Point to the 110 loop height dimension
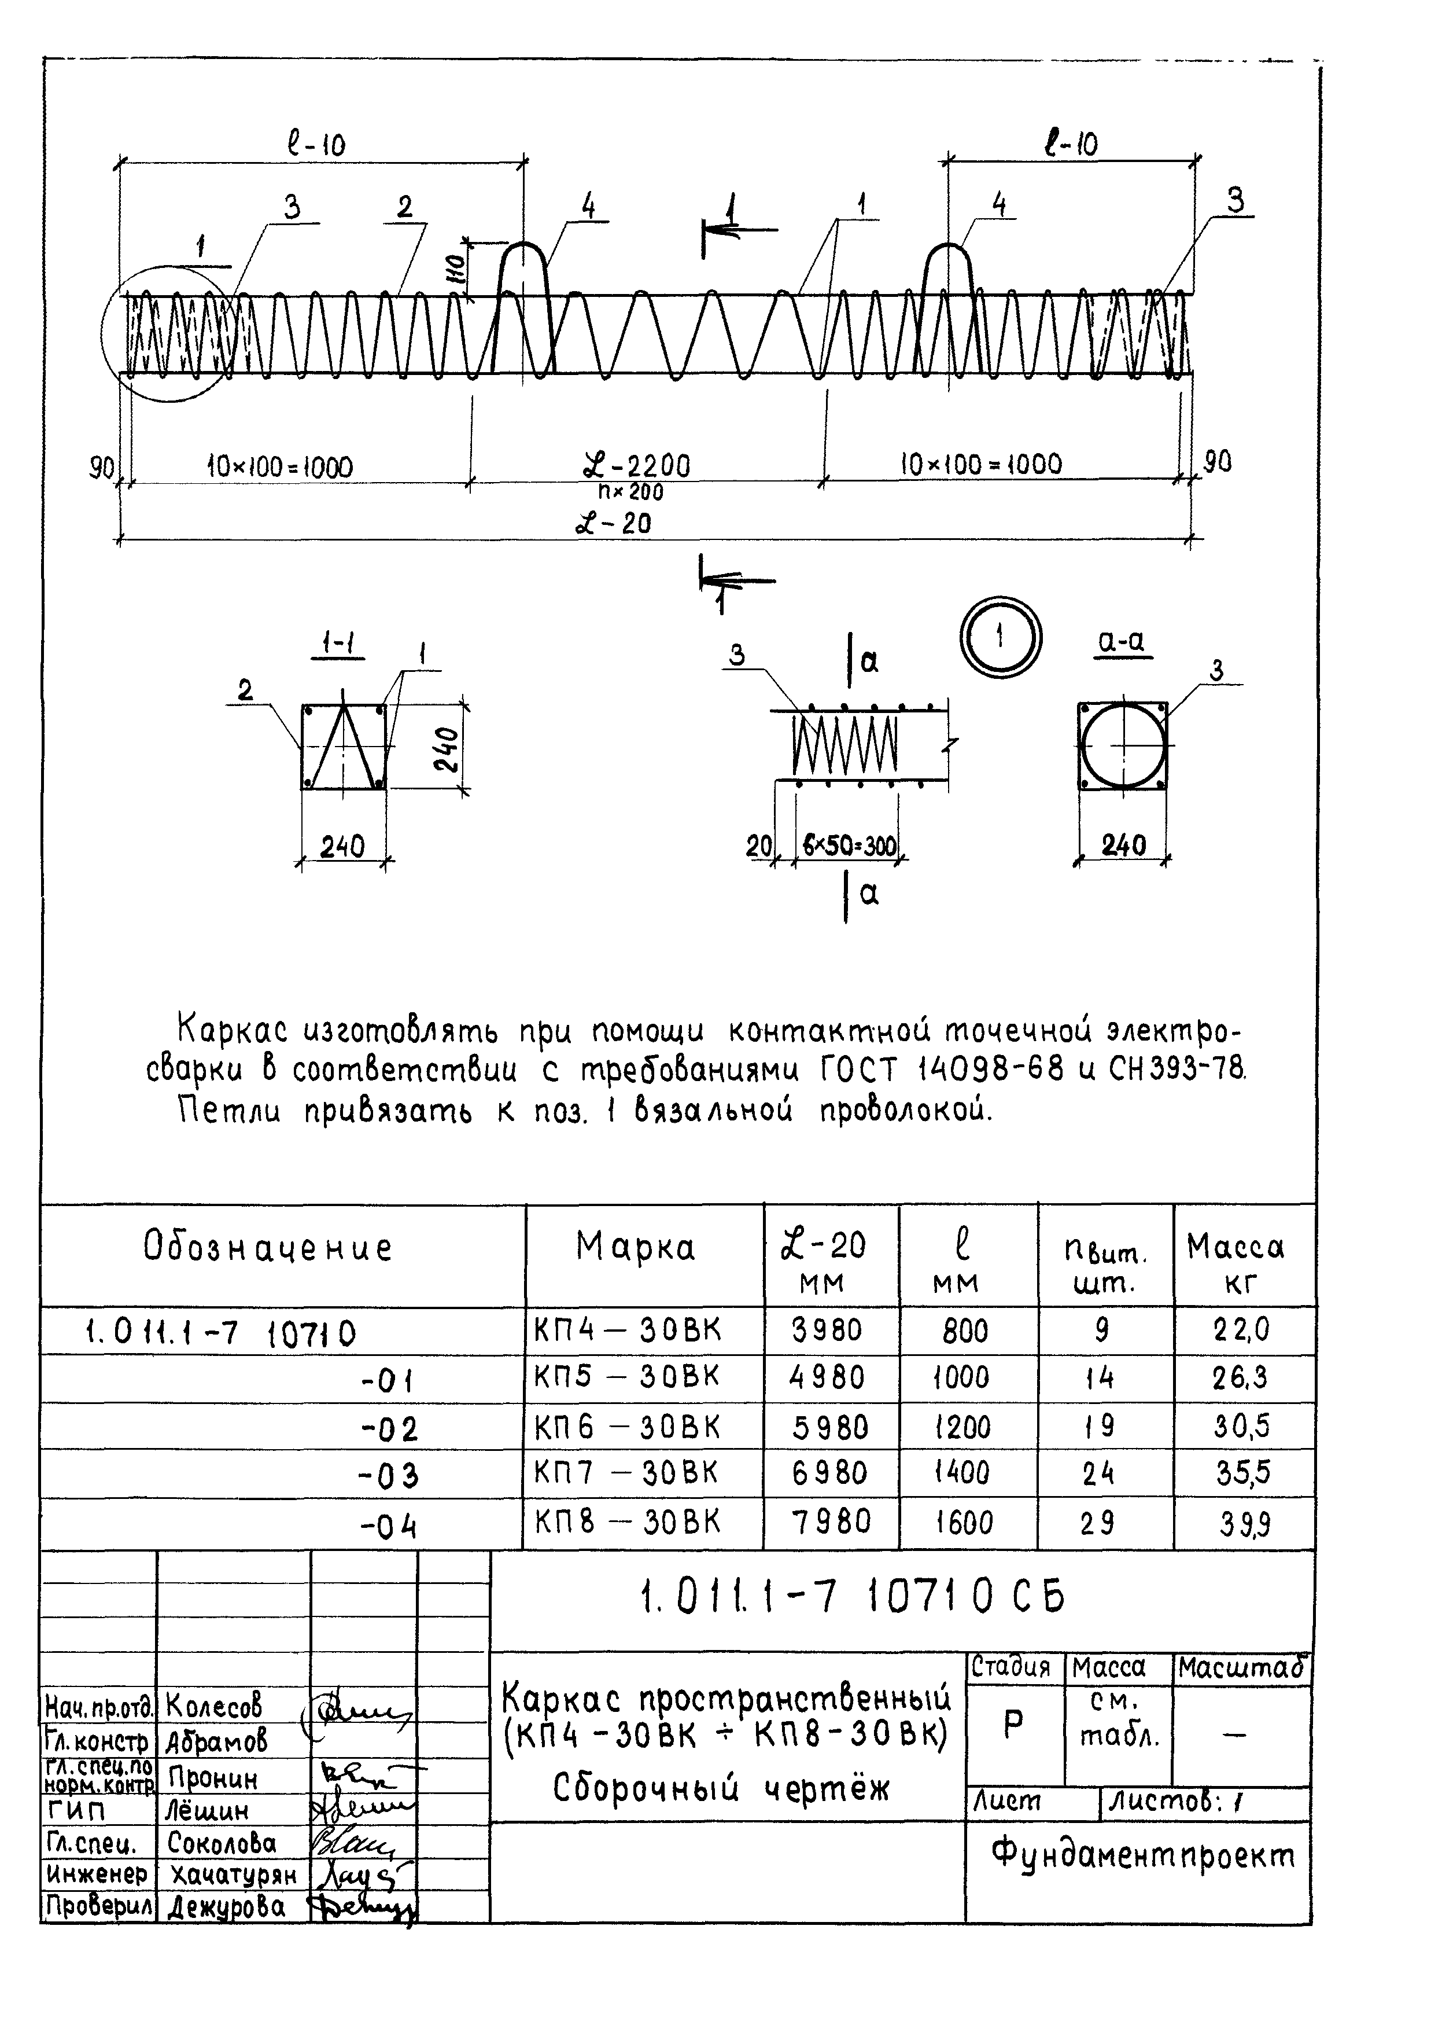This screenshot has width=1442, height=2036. tap(453, 266)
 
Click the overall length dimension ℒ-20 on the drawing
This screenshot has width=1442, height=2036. tap(613, 523)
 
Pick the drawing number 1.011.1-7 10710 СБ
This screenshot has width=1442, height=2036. tap(851, 1598)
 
